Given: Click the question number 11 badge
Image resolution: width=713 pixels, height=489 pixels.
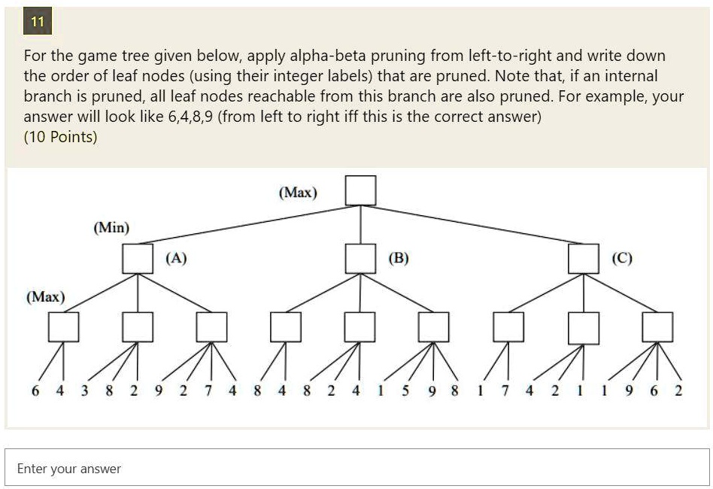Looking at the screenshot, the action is pos(38,21).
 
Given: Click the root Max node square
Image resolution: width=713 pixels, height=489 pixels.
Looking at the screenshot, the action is pos(360,190).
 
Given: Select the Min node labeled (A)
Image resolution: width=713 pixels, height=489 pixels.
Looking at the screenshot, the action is pos(138,259).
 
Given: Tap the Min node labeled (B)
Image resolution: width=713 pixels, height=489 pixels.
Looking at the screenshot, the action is pos(360,259).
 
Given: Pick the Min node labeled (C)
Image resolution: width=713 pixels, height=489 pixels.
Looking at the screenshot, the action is pos(584,259).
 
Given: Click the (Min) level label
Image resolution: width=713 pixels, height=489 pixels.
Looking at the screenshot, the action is pos(111,227).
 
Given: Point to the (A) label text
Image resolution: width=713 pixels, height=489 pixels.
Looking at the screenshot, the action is pos(176,258).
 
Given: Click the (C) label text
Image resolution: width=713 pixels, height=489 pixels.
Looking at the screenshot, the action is pos(621,258).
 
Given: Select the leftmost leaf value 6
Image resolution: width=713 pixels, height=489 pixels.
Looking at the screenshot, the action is pos(35,390).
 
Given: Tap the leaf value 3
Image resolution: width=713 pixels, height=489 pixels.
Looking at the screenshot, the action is pos(84,390).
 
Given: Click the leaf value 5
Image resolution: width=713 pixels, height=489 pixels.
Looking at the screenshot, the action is pos(405,390).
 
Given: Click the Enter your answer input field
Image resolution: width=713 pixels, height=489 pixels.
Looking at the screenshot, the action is pos(357,468).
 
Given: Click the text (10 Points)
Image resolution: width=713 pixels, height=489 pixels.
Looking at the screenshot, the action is pos(60,137).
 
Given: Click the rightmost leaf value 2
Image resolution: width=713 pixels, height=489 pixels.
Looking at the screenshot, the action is pos(678,390).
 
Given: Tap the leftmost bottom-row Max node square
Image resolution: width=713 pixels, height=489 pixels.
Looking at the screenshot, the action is pos(63,327).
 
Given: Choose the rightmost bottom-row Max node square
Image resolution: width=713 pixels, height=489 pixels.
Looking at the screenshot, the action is pos(657,327).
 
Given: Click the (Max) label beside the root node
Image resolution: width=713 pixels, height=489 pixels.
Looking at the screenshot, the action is pos(298,193).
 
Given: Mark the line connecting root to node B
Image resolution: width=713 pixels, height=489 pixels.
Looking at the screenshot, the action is pos(360,225).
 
